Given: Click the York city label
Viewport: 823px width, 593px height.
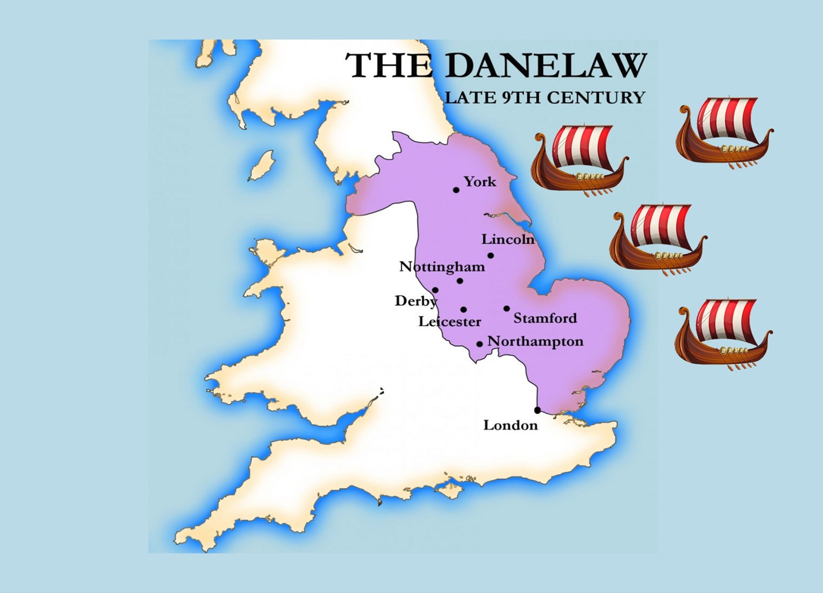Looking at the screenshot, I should pyautogui.click(x=480, y=182).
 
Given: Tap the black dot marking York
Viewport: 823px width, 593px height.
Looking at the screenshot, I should pyautogui.click(x=456, y=190).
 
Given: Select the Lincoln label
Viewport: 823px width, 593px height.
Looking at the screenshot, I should pyautogui.click(x=508, y=239).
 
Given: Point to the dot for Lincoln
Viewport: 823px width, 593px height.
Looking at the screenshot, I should pyautogui.click(x=491, y=256).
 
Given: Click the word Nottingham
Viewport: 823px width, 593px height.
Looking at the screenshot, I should pyautogui.click(x=442, y=267).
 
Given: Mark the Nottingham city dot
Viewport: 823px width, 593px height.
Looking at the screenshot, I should pyautogui.click(x=460, y=281).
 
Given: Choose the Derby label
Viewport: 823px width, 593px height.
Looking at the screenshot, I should pyautogui.click(x=415, y=301).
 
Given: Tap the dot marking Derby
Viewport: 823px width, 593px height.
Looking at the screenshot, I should pyautogui.click(x=435, y=290).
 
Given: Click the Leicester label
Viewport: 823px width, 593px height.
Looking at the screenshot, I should pyautogui.click(x=449, y=322).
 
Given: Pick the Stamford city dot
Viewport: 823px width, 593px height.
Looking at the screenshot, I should pyautogui.click(x=506, y=309).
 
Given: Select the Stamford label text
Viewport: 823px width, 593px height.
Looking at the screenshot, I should pyautogui.click(x=545, y=318).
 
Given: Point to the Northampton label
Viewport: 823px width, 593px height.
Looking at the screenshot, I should pyautogui.click(x=535, y=342).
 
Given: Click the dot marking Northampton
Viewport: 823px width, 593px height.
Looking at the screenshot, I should pyautogui.click(x=479, y=344).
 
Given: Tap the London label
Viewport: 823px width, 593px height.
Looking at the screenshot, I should pyautogui.click(x=510, y=426).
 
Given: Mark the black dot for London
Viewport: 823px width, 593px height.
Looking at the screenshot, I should pyautogui.click(x=537, y=410).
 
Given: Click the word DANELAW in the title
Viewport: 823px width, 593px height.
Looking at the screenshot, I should pyautogui.click(x=545, y=66).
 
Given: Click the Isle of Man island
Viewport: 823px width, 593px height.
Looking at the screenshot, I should pyautogui.click(x=262, y=165).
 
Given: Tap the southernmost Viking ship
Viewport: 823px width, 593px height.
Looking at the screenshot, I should pyautogui.click(x=723, y=334).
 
